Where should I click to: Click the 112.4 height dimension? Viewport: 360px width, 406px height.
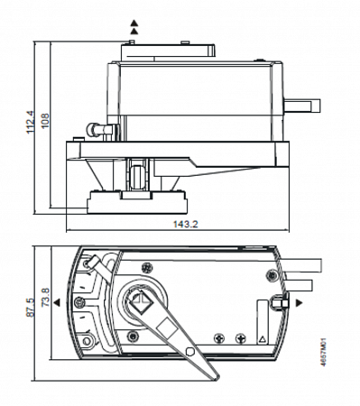[x=31, y=123]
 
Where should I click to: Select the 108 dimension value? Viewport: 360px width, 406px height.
[x=45, y=121]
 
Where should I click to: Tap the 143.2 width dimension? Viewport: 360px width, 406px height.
[x=186, y=224]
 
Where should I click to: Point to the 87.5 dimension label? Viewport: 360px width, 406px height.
[x=30, y=307]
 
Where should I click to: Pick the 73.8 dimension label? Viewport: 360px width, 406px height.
[x=46, y=297]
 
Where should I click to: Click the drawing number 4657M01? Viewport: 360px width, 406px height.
[x=323, y=352]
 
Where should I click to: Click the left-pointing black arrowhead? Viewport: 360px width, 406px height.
[x=57, y=302]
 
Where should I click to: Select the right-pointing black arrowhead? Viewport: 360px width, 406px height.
[x=299, y=303]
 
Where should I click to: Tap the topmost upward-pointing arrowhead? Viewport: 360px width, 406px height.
[x=134, y=23]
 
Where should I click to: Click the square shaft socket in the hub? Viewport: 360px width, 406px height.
[x=141, y=301]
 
